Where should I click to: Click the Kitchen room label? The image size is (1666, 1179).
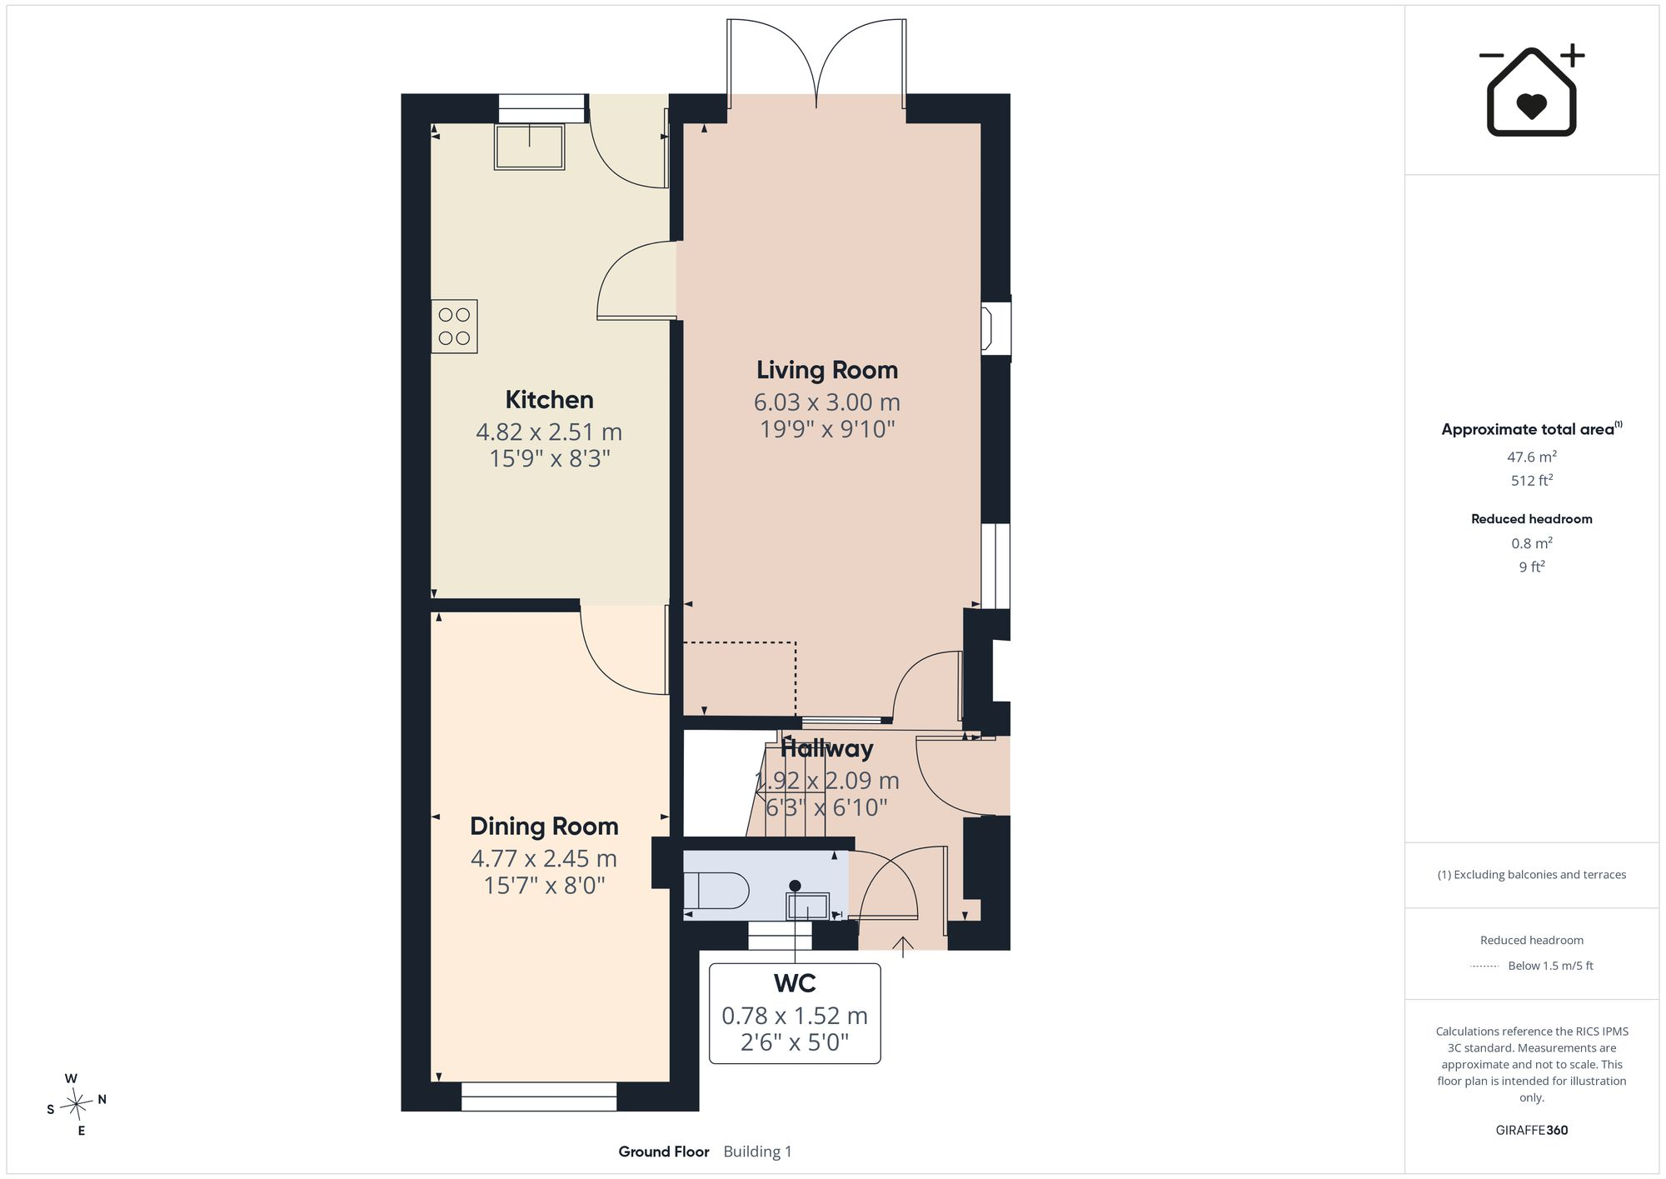point(549,400)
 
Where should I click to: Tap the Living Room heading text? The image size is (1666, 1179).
point(826,370)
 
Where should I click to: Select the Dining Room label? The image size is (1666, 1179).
point(544,827)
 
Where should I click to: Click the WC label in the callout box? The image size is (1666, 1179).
point(795,983)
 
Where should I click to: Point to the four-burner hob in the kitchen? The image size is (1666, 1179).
point(454,327)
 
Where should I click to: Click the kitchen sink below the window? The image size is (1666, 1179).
point(529,147)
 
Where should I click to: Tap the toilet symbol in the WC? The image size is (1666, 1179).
point(716,891)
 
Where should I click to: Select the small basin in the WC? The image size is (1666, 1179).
point(808,905)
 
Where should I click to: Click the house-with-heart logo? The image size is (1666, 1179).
point(1531,90)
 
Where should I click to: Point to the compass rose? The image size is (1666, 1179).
point(77,1105)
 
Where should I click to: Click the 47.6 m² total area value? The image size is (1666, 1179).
point(1531,457)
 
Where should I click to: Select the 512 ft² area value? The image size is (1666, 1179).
point(1531,480)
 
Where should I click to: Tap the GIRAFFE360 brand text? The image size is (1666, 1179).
point(1531,1130)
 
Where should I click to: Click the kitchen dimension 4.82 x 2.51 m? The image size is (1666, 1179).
point(549,432)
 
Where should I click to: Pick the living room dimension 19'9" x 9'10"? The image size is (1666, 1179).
point(827,429)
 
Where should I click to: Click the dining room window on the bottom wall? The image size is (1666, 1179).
point(539,1097)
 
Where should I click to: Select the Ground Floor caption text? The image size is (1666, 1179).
point(663,1152)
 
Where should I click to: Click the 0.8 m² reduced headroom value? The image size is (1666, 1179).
point(1531,543)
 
